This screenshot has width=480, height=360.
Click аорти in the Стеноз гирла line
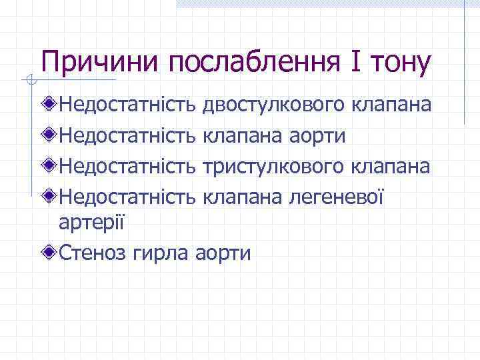click(224, 253)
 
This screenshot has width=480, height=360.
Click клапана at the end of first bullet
click(390, 105)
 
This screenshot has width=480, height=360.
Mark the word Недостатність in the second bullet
click(128, 135)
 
